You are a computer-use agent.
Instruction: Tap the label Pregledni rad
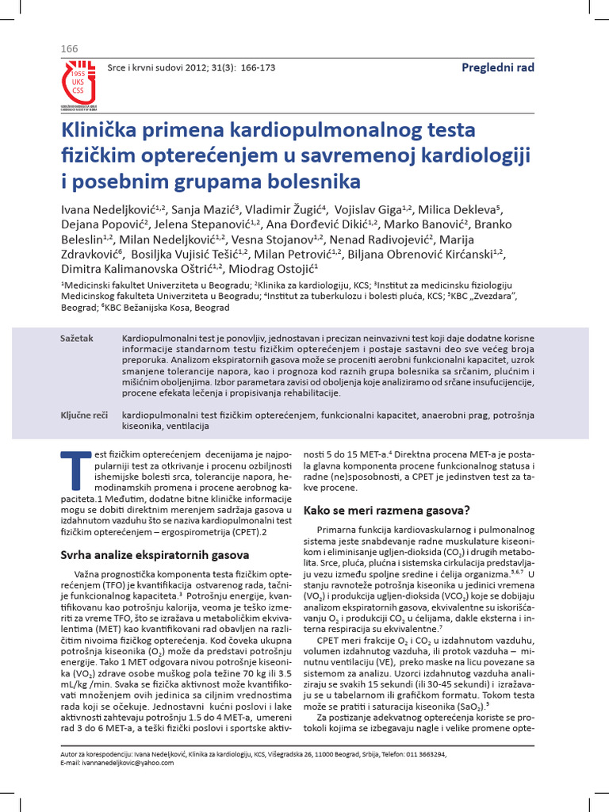pos(498,67)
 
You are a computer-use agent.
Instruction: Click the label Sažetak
pos(77,339)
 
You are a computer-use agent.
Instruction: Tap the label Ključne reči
pos(84,415)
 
